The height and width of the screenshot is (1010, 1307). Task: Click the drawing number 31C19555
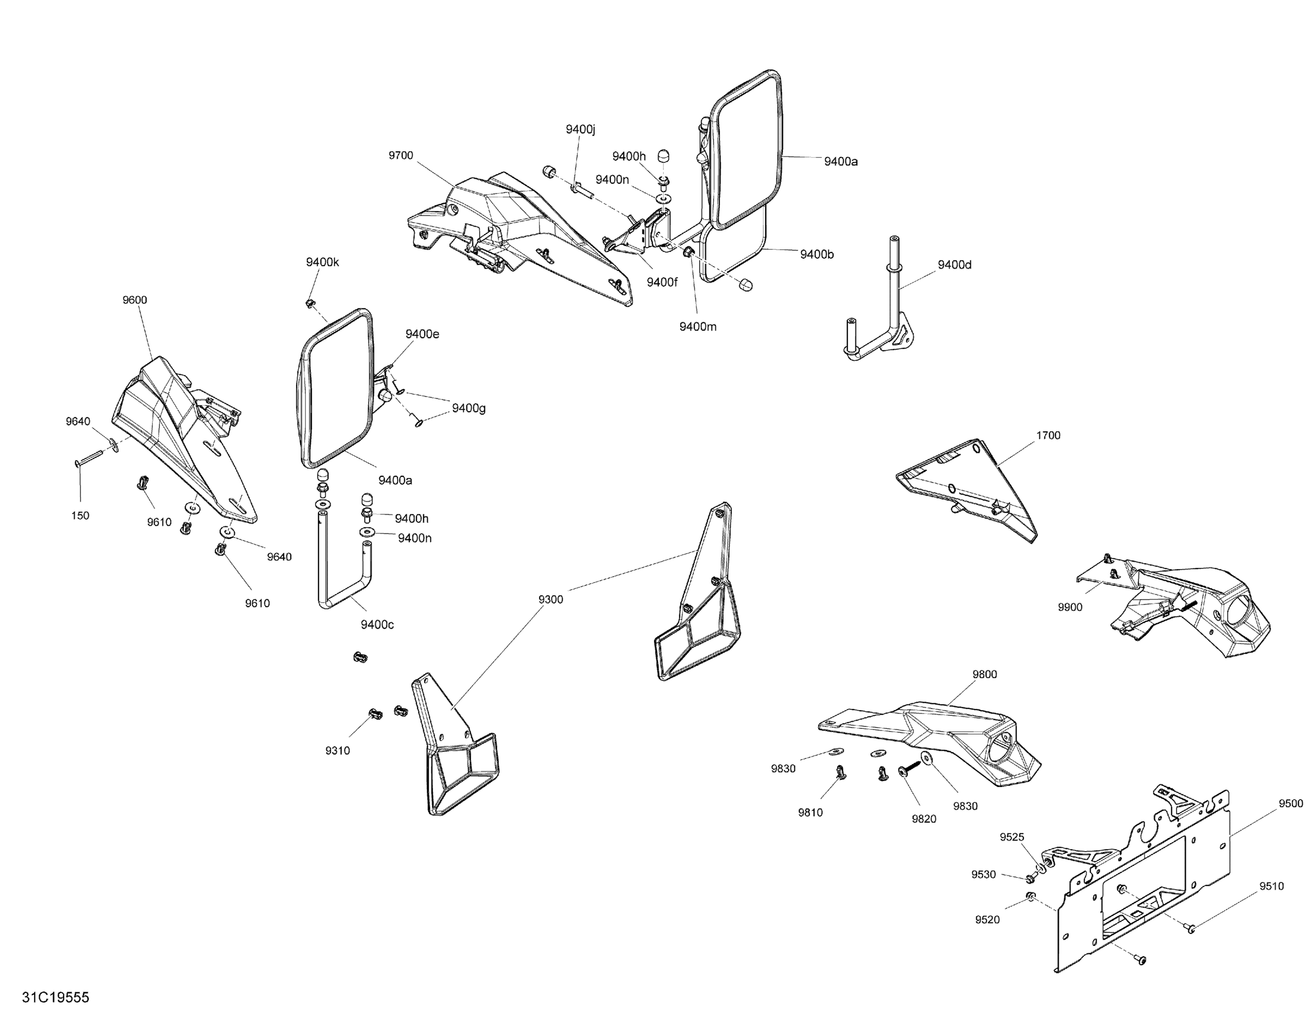pos(56,997)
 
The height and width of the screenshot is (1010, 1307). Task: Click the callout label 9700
pos(400,155)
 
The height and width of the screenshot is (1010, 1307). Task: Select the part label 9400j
pos(580,129)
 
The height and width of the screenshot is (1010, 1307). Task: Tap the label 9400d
pos(955,265)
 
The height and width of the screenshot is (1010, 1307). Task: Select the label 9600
pos(135,300)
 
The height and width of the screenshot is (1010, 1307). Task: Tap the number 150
pos(80,515)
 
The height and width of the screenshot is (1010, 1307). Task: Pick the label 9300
pos(551,599)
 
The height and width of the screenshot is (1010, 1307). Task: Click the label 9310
pos(338,751)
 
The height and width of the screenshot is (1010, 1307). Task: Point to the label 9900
pos(1070,607)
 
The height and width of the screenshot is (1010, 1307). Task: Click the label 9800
pos(985,674)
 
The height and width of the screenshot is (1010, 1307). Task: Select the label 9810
pos(810,812)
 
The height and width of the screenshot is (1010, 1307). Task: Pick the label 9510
pos(1271,886)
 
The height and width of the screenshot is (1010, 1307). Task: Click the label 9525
pos(1012,837)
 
